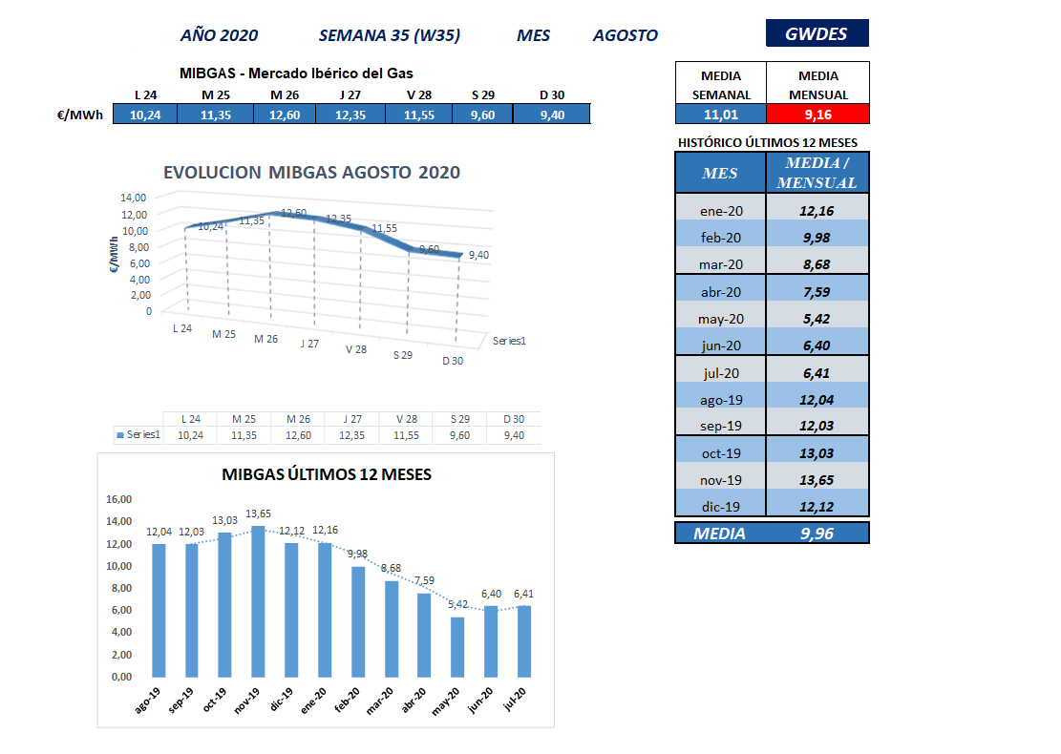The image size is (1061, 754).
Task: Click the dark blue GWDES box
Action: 817,33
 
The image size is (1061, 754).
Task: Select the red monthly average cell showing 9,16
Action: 817,115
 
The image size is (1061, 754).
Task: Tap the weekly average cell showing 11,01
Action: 721,115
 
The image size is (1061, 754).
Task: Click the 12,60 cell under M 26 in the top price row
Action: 285,115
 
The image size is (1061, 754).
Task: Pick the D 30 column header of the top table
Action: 552,94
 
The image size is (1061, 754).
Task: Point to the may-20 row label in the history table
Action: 721,319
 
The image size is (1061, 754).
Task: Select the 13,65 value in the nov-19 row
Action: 817,480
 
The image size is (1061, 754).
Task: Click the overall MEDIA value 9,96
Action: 817,534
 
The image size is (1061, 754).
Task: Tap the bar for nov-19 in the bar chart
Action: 258,601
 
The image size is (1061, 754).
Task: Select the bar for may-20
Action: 457,647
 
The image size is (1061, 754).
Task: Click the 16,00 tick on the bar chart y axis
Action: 119,499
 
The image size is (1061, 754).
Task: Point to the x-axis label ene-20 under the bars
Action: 313,701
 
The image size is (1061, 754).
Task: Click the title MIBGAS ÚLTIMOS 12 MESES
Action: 327,474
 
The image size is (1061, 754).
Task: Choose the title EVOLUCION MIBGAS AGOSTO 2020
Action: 311,173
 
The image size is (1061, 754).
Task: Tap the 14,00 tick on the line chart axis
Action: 134,198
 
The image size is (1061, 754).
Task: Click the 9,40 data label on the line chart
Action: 478,255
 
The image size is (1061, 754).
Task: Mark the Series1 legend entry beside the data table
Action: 138,435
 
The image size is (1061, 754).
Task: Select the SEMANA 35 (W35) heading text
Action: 389,35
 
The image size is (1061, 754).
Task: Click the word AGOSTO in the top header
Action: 626,35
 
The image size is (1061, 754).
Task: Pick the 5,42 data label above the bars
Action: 458,604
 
